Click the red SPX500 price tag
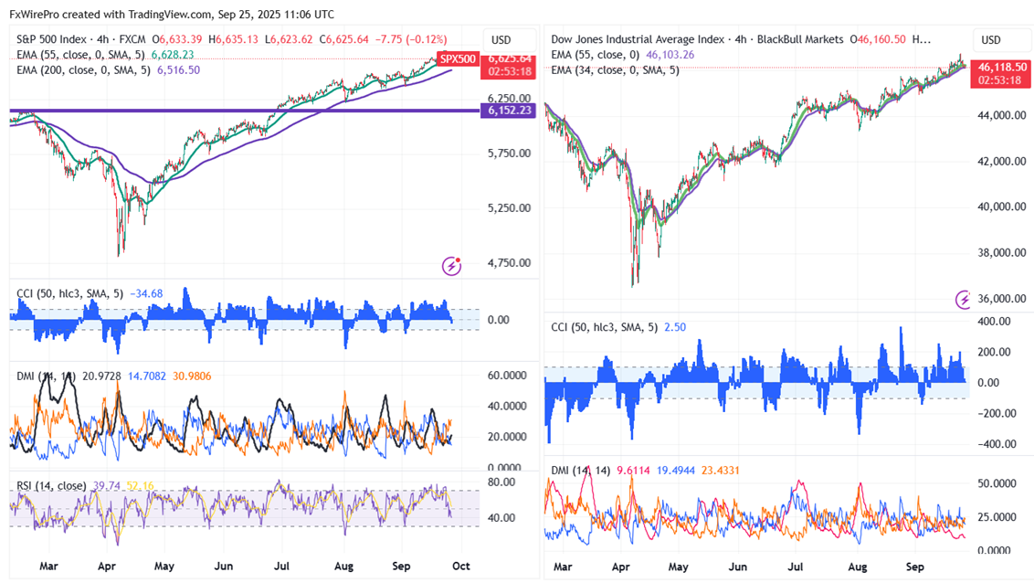(458, 59)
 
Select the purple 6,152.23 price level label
(510, 111)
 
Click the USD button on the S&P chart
(501, 40)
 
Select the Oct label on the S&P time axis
(460, 566)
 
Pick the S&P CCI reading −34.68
(146, 293)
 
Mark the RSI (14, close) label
(52, 486)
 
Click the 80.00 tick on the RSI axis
(501, 482)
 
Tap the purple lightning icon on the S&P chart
(451, 266)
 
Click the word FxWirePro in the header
(34, 15)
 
